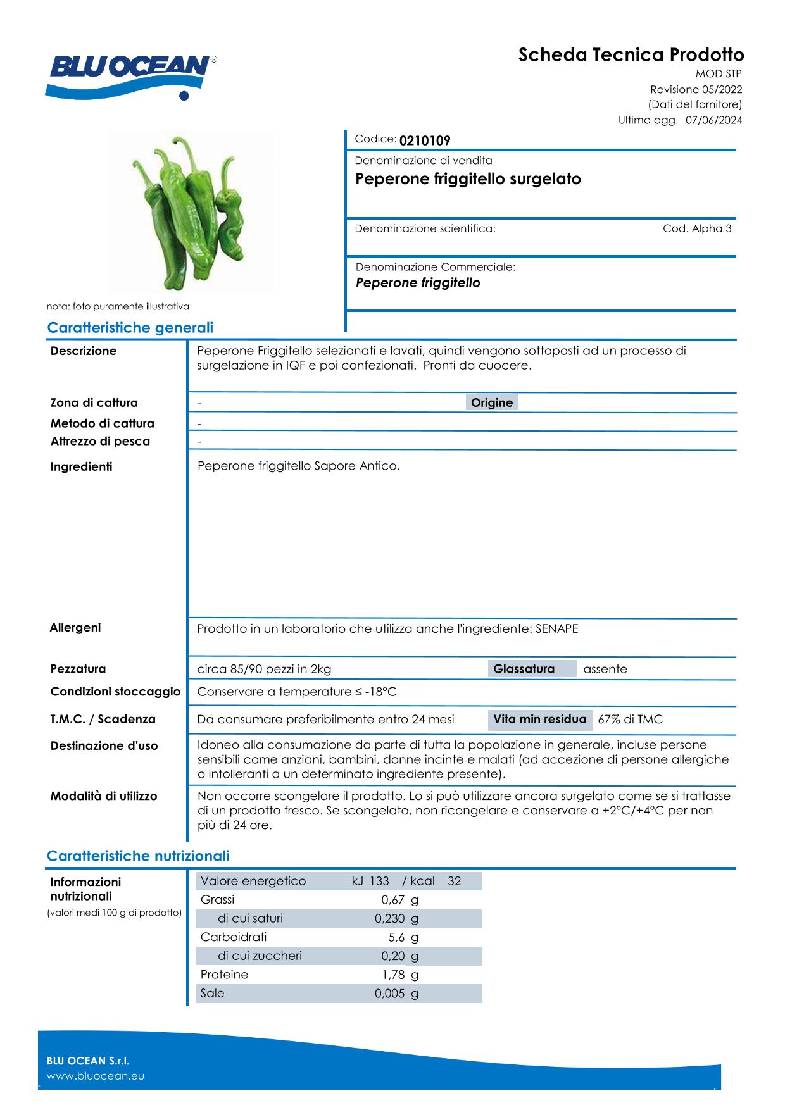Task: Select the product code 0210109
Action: (x=425, y=140)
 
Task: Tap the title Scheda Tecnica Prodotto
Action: (x=631, y=55)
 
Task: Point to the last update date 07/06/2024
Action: (x=713, y=120)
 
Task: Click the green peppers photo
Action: (x=191, y=212)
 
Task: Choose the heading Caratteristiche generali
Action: (x=130, y=328)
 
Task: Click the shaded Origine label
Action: (x=492, y=402)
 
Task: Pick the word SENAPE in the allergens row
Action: (x=556, y=628)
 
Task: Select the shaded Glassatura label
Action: (x=524, y=669)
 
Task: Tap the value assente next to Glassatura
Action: (x=605, y=669)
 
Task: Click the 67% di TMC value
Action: (x=630, y=720)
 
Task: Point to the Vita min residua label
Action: (x=539, y=720)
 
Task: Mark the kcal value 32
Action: (x=454, y=881)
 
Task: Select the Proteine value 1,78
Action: (x=393, y=975)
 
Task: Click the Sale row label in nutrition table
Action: (x=213, y=993)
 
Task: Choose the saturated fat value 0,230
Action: (x=389, y=918)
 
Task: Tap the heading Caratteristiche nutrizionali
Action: (x=138, y=856)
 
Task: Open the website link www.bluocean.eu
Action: (x=96, y=1076)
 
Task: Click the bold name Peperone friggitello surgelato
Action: (x=468, y=179)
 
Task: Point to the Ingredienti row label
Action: (x=81, y=467)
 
